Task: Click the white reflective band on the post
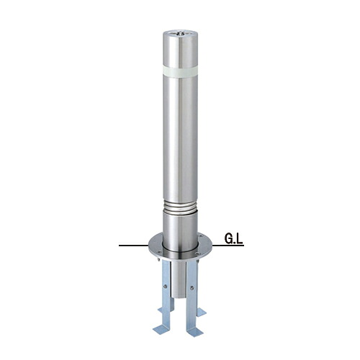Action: [x=180, y=71]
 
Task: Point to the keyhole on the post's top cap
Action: [x=180, y=34]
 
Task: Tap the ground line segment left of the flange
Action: [x=133, y=246]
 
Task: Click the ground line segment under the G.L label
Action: [x=228, y=246]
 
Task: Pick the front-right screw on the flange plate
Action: [x=197, y=253]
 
